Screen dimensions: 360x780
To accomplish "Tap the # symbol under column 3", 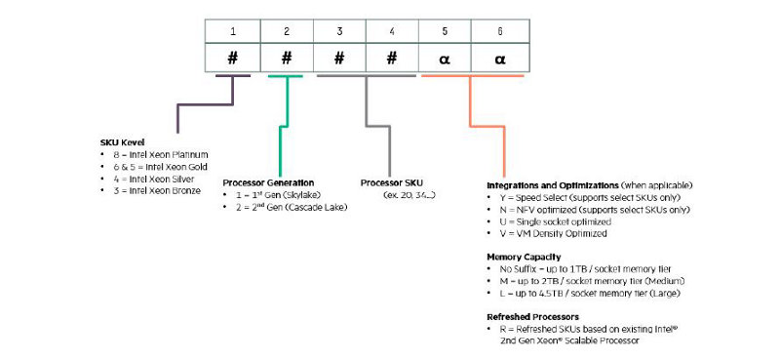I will coord(339,58).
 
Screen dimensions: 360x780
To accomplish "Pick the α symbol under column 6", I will coord(499,58).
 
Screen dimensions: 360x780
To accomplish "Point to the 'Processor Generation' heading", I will coord(268,182).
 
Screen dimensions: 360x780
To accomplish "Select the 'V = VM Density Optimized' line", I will coord(552,233).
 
